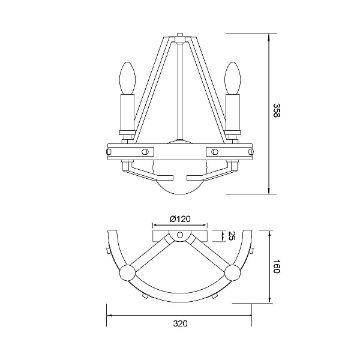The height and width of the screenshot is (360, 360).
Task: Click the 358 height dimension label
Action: (x=277, y=110)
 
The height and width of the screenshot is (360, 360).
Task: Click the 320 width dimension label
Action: (x=180, y=323)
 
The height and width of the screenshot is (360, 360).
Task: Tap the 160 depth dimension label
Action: (x=277, y=266)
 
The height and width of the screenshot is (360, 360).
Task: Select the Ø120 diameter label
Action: (x=180, y=219)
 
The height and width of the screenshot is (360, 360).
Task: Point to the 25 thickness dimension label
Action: (x=232, y=236)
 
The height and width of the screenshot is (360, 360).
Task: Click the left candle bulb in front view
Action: (x=128, y=78)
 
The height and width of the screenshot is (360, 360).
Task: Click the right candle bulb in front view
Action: (x=233, y=78)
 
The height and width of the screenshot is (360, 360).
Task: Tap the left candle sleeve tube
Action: (x=127, y=113)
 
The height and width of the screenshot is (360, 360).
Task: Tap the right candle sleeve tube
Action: (x=233, y=113)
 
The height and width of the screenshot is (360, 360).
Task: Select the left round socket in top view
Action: (x=127, y=272)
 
